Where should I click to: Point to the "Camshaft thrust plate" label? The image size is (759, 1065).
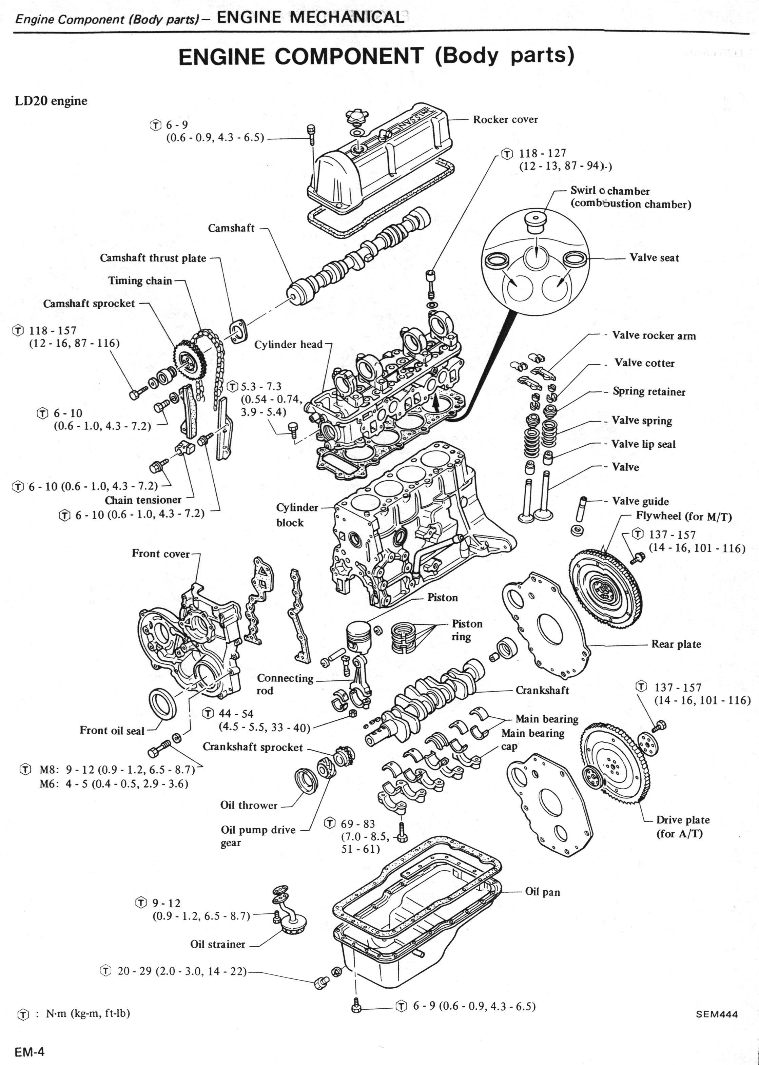click(x=153, y=258)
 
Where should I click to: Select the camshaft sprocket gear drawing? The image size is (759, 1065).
click(x=188, y=360)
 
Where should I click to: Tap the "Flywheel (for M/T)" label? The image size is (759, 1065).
click(x=684, y=516)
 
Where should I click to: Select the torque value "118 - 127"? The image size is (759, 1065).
click(x=542, y=153)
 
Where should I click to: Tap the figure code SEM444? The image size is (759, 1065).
click(x=717, y=1014)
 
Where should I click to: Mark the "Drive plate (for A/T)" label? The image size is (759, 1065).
click(x=682, y=827)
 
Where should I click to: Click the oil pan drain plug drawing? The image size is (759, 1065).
click(x=320, y=983)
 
